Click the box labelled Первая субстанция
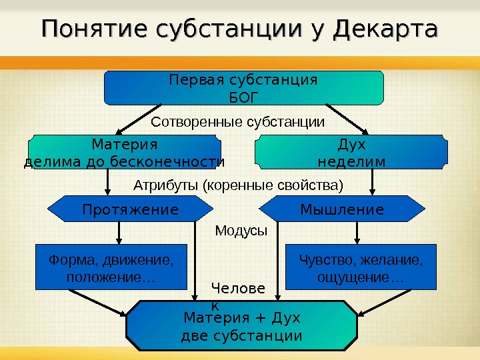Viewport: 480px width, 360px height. tap(243, 88)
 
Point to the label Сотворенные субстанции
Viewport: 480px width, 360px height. tap(238, 123)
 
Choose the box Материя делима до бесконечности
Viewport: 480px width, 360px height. tap(124, 153)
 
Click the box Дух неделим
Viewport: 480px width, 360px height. tap(351, 153)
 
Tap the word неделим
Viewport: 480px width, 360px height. tap(351, 161)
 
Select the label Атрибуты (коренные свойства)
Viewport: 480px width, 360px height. tap(239, 183)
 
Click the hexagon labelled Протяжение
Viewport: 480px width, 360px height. tap(130, 210)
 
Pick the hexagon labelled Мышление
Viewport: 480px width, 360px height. tap(342, 210)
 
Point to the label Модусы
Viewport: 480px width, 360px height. tap(241, 231)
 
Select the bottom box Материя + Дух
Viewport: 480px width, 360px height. tap(241, 325)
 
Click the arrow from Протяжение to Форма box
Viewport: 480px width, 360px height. tap(119, 233)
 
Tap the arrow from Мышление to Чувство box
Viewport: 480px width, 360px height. tap(358, 233)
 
